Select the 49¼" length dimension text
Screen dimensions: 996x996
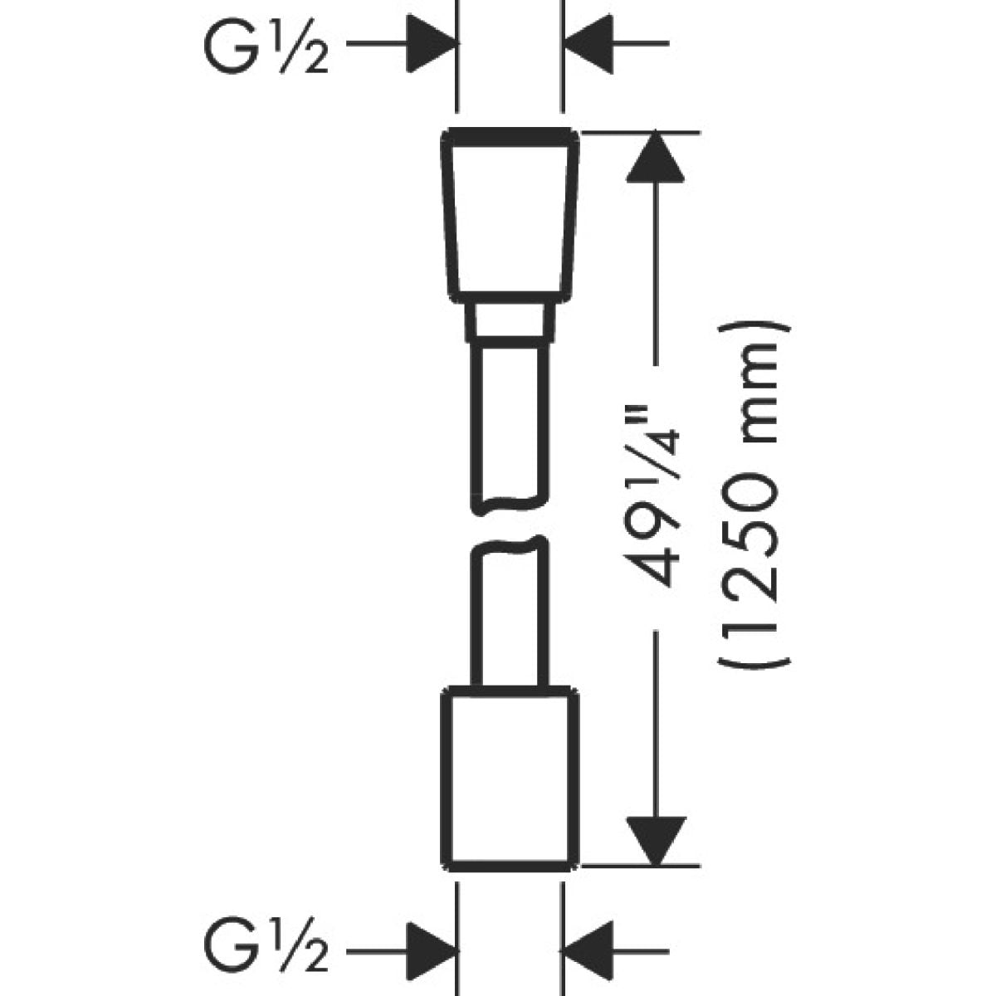tap(657, 498)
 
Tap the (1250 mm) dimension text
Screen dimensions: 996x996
tap(754, 495)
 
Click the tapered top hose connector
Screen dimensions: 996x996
tap(510, 215)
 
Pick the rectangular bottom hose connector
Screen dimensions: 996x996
tap(508, 777)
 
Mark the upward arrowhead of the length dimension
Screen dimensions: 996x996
tap(657, 158)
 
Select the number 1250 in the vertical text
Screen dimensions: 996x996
tap(754, 539)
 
